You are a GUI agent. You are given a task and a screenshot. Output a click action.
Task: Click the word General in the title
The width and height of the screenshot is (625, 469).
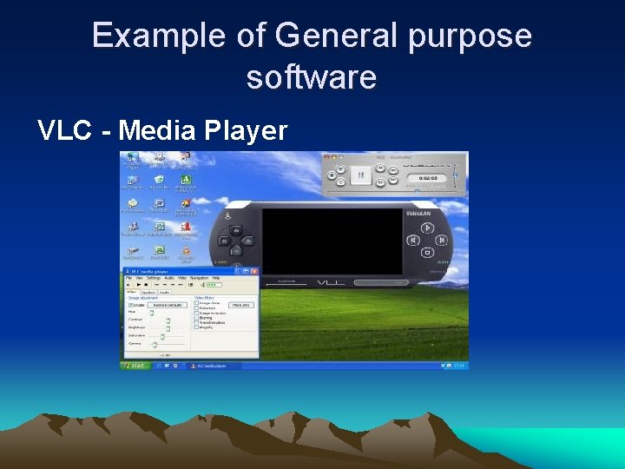335,36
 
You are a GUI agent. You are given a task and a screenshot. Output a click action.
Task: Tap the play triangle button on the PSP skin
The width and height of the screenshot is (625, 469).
427,228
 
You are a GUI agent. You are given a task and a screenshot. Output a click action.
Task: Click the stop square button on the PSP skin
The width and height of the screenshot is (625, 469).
426,253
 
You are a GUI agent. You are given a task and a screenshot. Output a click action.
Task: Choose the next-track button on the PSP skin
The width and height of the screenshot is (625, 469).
439,241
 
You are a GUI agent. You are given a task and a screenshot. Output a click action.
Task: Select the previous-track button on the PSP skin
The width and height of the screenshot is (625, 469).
414,241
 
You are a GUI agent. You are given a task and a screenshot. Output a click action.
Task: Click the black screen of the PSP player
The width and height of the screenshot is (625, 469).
332,241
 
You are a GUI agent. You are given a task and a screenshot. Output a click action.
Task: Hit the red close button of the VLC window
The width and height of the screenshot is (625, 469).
255,271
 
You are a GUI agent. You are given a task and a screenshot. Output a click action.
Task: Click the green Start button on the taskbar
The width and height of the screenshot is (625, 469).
135,366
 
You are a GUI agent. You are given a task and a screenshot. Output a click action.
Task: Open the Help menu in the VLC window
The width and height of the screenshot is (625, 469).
216,278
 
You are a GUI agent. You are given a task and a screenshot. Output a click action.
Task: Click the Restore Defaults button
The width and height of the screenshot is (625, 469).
168,305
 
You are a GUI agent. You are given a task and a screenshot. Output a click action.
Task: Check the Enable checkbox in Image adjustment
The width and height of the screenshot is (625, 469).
130,305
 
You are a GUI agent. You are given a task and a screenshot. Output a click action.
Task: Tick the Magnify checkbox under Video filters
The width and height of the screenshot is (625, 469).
195,327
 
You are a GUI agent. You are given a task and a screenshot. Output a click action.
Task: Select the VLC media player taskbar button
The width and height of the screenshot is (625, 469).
208,366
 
